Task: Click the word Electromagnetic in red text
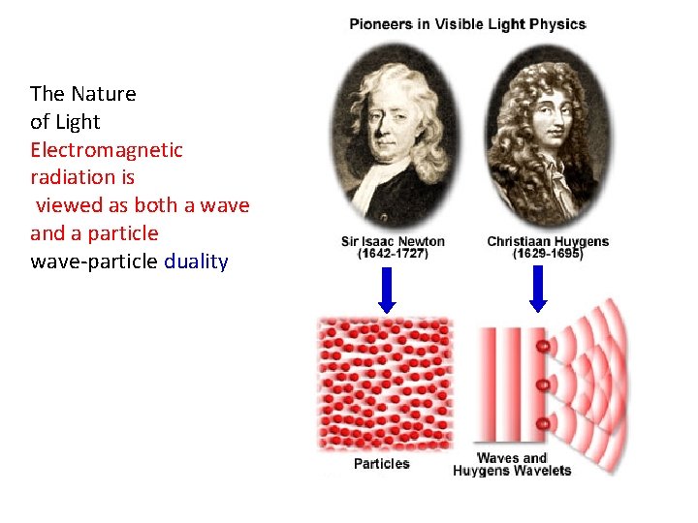[x=107, y=150]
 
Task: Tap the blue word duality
[x=196, y=261]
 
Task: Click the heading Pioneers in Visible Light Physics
[x=467, y=24]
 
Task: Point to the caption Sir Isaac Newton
[x=393, y=241]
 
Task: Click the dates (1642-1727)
[x=393, y=254]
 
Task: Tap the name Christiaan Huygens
[x=548, y=241]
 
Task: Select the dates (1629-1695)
[x=548, y=254]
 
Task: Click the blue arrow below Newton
[x=387, y=290]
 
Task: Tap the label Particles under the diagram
[x=381, y=464]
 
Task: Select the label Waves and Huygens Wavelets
[x=512, y=464]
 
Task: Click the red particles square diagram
[x=386, y=384]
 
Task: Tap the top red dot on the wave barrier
[x=544, y=346]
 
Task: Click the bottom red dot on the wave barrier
[x=544, y=424]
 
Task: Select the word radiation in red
[x=82, y=178]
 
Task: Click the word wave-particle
[x=94, y=261]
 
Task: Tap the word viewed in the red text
[x=67, y=206]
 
